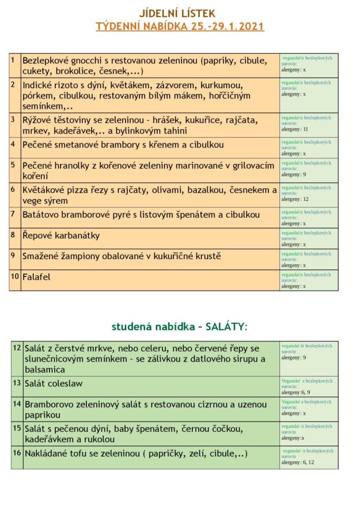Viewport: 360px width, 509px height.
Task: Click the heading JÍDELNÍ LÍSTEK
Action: coord(180,13)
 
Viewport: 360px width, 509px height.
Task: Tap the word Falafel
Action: coord(36,277)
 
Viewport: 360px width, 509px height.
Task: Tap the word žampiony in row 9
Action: coord(84,256)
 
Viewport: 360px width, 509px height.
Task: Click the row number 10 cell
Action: coord(15,276)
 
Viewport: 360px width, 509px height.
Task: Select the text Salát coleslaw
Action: coord(54,383)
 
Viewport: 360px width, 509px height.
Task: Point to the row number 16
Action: coord(17,453)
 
